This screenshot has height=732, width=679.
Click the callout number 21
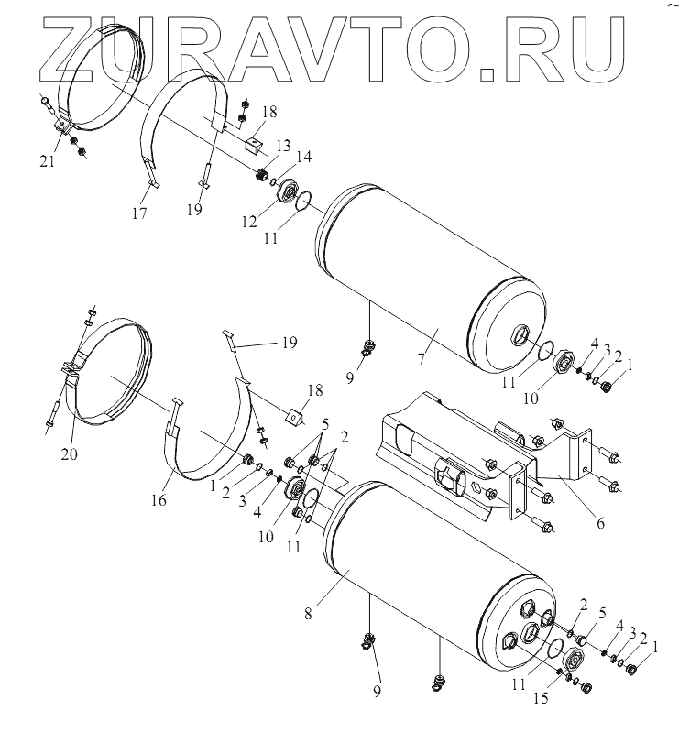pos(47,161)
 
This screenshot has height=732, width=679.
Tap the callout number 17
pos(139,213)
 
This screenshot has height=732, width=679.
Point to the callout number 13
pos(283,146)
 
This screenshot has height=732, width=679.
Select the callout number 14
pos(303,157)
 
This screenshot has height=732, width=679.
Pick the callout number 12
pos(249,222)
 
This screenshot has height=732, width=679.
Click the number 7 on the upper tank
pos(421,358)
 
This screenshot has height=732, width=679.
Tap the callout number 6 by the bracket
pos(600,523)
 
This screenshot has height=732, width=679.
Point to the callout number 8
pos(308,614)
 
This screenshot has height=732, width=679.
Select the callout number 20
pos(69,453)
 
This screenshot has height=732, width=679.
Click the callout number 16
pos(159,500)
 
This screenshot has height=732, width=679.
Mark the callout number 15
pos(542,698)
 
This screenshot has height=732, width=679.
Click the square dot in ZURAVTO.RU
pos(488,76)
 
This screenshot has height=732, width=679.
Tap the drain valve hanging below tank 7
pos(369,348)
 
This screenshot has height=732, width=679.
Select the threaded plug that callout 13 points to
pos(262,176)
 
